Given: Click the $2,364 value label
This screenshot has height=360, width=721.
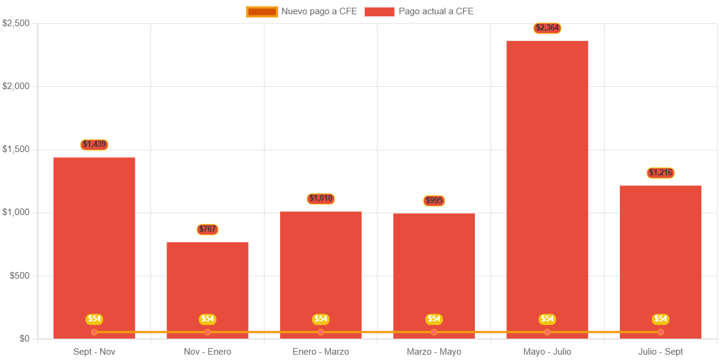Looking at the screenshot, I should click(x=547, y=28).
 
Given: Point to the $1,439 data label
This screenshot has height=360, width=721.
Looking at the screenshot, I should click(x=95, y=144).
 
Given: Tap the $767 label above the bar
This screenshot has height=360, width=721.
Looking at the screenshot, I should click(x=207, y=229).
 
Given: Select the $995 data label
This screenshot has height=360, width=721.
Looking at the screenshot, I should click(x=434, y=201).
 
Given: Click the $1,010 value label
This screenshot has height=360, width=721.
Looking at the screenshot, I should click(x=321, y=198).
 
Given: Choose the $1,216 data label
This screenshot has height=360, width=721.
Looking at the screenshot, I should click(x=660, y=173).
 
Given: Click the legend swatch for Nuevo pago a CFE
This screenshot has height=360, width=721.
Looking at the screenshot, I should click(x=262, y=12).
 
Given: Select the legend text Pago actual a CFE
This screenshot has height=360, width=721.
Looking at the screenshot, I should click(x=436, y=11).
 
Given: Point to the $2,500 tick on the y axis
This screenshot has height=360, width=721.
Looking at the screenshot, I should click(x=16, y=23).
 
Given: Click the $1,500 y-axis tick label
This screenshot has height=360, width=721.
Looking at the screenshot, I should click(x=16, y=149).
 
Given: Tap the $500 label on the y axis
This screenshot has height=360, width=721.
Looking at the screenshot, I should click(x=20, y=276).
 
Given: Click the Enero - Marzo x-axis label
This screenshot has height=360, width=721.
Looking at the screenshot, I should click(x=321, y=352).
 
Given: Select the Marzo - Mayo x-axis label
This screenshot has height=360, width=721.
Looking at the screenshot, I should click(x=434, y=352).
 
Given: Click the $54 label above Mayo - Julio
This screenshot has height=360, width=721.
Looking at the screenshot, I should click(x=547, y=319).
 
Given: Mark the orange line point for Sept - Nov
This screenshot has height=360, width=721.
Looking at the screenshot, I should click(x=95, y=332).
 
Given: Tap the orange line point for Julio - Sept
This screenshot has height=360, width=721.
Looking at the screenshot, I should click(x=660, y=332).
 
